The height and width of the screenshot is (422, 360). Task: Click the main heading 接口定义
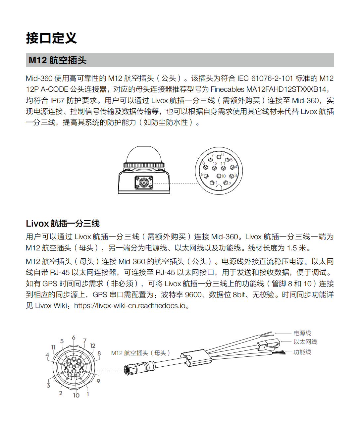(51, 38)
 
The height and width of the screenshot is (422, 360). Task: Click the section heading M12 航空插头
(58, 60)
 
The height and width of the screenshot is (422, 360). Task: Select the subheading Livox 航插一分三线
(63, 224)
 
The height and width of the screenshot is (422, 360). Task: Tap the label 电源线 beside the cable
(302, 333)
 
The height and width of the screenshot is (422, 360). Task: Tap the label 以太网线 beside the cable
(305, 342)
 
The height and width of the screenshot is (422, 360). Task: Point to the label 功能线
(302, 352)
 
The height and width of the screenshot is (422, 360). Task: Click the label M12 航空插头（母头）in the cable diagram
(140, 353)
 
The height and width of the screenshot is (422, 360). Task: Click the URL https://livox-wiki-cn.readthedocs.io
(129, 306)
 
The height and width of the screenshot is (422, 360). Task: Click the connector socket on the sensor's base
(144, 183)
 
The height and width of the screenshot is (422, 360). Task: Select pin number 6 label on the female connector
(74, 338)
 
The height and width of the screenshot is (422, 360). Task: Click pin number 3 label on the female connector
(48, 385)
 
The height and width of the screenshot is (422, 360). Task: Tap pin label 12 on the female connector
(93, 346)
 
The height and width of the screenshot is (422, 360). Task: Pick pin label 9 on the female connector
(98, 381)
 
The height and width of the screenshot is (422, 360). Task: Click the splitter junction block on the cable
(197, 358)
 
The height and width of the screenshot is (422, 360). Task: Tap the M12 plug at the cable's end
(139, 367)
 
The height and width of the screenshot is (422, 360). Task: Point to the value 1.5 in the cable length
(292, 248)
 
